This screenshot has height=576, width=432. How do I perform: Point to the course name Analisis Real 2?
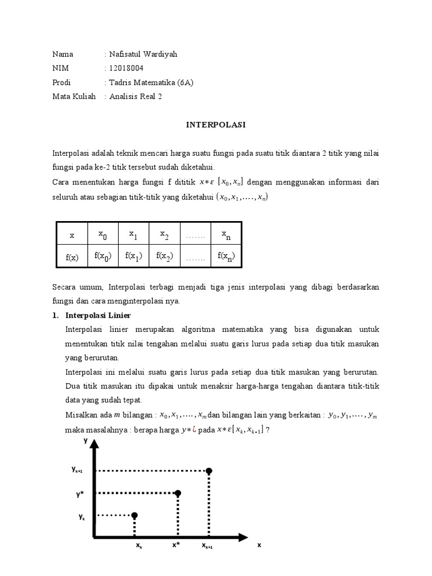point(135,96)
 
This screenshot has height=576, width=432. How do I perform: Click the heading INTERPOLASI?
point(216,125)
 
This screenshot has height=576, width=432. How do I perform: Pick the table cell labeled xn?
point(226,234)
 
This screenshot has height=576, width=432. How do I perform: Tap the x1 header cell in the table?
point(133,234)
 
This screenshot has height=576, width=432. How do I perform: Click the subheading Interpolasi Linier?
point(98,315)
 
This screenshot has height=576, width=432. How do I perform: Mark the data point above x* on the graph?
point(178,493)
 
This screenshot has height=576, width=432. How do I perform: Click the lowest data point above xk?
point(134,515)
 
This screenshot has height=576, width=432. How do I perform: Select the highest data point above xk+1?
point(209,470)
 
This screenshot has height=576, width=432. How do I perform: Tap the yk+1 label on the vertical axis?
point(78,469)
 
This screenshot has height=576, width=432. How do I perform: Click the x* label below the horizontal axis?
point(176,544)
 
